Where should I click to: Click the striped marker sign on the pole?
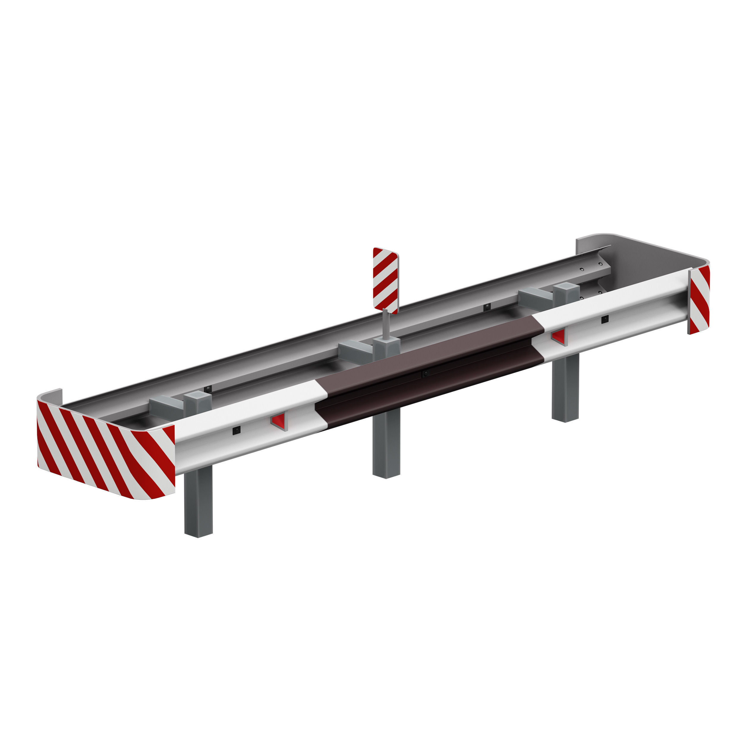385,280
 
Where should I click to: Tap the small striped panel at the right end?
699,300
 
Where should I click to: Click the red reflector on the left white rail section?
278,421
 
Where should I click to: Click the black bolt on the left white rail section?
236,430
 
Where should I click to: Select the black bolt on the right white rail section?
605,319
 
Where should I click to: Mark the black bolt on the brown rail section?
425,373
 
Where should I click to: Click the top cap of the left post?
197,395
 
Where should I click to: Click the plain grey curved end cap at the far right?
646,254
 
